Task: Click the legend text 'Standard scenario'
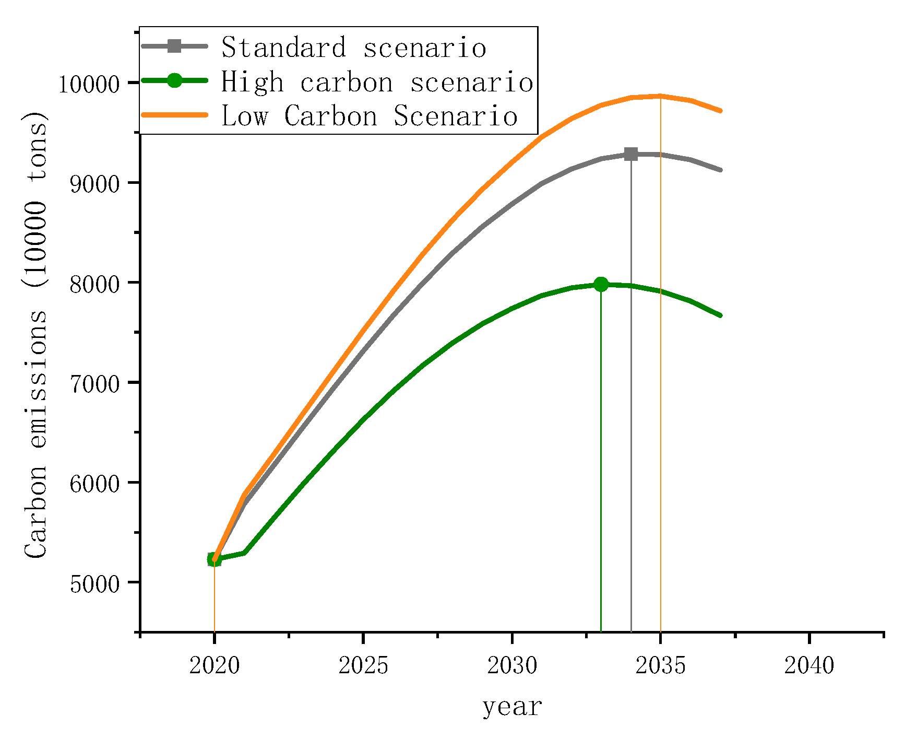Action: (x=354, y=48)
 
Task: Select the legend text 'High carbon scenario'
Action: (x=377, y=82)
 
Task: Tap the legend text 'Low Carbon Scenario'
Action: (x=370, y=116)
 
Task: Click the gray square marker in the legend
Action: (x=175, y=46)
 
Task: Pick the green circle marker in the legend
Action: (x=175, y=80)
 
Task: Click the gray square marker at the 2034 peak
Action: (x=631, y=154)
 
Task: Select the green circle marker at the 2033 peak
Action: (x=601, y=284)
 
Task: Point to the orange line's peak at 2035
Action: (x=661, y=96)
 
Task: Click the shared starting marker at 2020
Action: (x=214, y=559)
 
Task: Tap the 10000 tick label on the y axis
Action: (x=89, y=84)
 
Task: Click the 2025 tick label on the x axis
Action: (x=363, y=666)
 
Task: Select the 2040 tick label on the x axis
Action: (x=809, y=666)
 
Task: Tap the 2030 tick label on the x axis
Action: (x=512, y=666)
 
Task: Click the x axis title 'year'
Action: (x=512, y=707)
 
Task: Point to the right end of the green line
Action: (x=720, y=315)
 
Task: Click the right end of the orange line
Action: (x=720, y=111)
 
